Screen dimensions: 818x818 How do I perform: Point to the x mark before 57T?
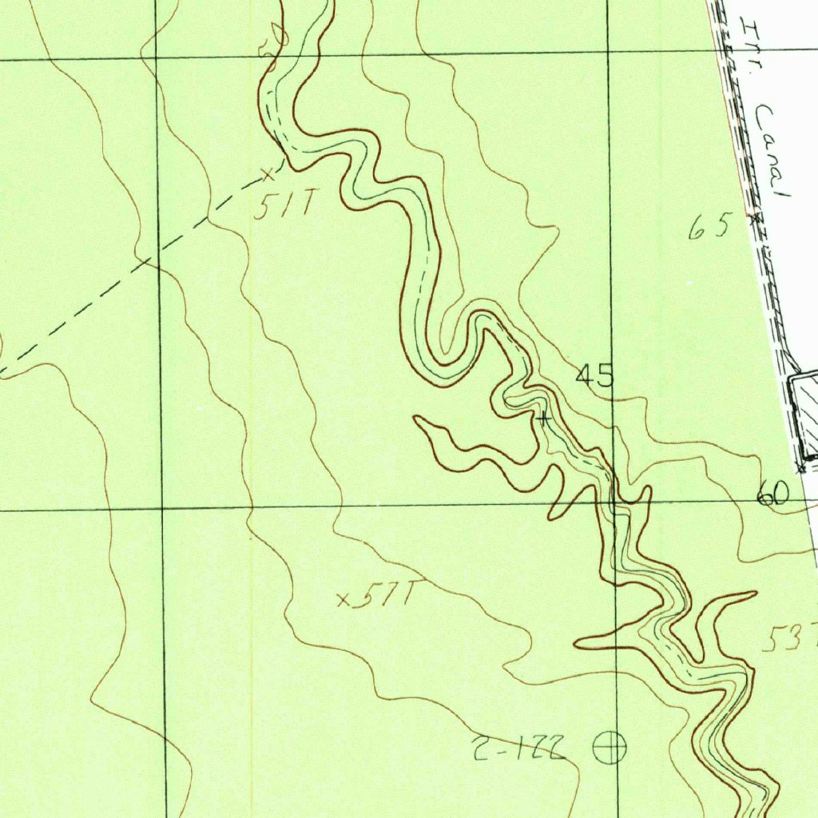[x=344, y=598]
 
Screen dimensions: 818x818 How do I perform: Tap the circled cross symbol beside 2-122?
[x=610, y=749]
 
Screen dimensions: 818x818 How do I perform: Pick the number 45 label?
[x=595, y=375]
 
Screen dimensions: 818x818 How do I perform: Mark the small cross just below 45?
[x=544, y=418]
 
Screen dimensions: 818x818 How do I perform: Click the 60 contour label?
[x=772, y=496]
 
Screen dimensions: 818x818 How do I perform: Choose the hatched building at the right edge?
[x=805, y=415]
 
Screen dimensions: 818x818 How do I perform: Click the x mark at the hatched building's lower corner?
[x=801, y=467]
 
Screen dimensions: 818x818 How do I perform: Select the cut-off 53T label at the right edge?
[x=791, y=638]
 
